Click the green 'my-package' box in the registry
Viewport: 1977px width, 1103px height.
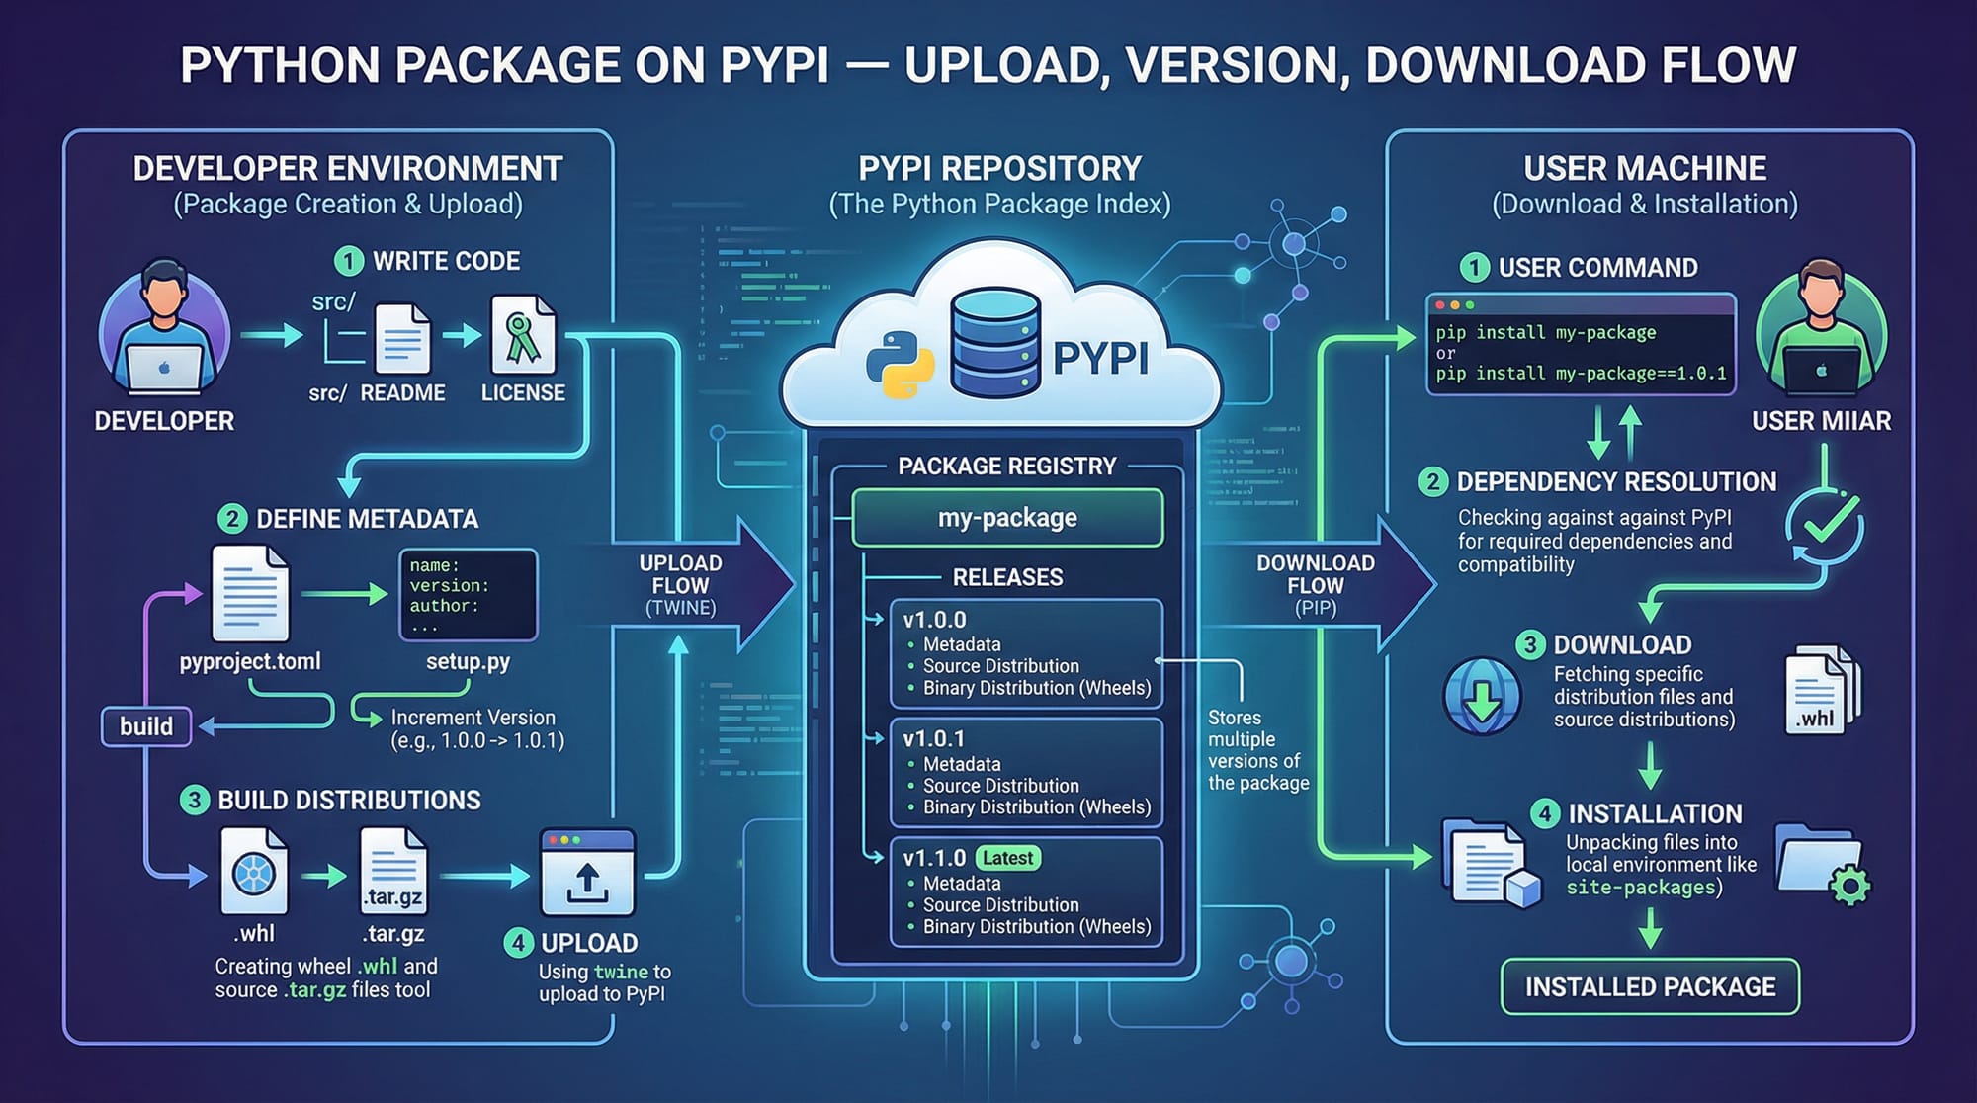pos(1007,518)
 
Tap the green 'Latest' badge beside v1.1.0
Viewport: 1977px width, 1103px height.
pos(1007,858)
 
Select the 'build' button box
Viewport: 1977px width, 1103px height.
pos(146,726)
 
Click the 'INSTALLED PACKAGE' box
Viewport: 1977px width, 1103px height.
pos(1650,986)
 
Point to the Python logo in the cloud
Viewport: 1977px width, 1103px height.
pos(900,364)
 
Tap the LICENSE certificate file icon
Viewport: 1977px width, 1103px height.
pos(523,336)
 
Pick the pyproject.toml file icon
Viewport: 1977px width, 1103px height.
pos(250,594)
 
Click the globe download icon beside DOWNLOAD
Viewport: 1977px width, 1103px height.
pos(1481,696)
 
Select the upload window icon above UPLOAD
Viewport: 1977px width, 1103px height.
pos(587,873)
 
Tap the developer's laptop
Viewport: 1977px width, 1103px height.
pos(165,368)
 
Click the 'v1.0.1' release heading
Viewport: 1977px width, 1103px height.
pos(933,738)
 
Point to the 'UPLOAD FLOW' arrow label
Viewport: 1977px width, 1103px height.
pos(680,574)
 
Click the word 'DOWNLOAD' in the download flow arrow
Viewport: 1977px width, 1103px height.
pos(1315,563)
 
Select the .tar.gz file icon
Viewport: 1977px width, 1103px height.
pos(393,871)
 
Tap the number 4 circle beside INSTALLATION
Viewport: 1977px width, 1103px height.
pos(1544,813)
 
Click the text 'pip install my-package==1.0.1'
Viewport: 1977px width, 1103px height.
pos(1581,374)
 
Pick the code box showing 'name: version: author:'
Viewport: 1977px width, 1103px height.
pos(468,595)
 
